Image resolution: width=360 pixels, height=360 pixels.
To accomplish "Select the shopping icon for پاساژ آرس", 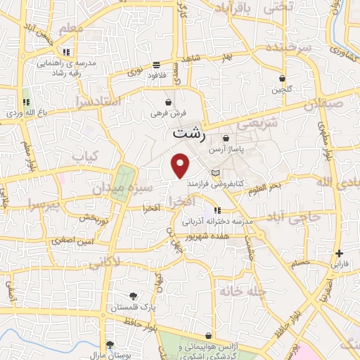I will click(226, 139).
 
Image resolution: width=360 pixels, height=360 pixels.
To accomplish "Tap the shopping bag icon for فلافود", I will click(155, 65).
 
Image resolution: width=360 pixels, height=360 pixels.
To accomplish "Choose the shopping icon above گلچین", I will click(282, 79).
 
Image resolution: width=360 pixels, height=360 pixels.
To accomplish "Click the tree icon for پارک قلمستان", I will click(134, 296).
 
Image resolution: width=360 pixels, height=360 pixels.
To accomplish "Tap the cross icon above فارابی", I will click(340, 253).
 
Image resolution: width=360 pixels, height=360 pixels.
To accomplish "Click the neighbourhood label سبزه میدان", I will click(120, 189).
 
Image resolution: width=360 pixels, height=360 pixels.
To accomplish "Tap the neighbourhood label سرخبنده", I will click(287, 47).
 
